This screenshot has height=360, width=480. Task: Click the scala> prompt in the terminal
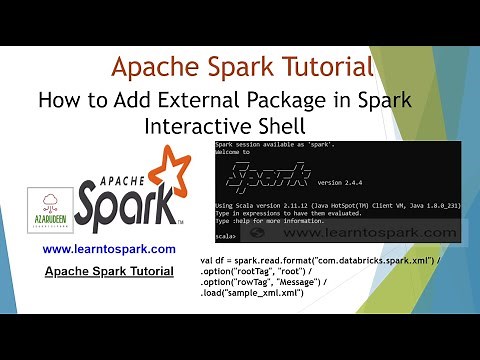pyautogui.click(x=226, y=264)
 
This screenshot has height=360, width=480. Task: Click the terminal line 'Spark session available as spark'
pyautogui.click(x=264, y=146)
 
